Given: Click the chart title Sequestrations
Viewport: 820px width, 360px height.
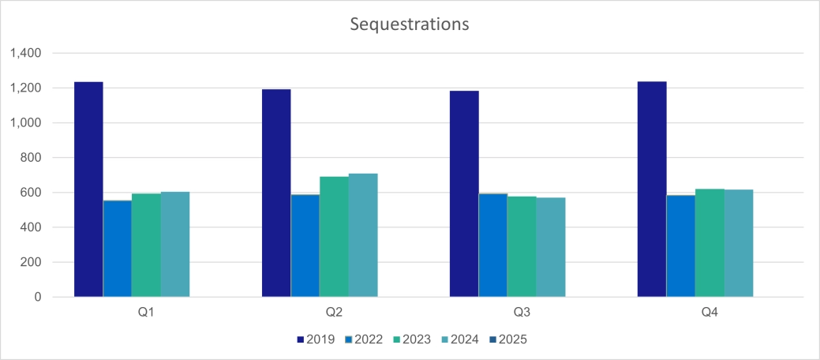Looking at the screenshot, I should pos(410,24).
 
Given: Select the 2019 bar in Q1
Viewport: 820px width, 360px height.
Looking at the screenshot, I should pos(88,189).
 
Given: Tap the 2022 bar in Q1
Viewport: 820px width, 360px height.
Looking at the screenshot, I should pos(118,249).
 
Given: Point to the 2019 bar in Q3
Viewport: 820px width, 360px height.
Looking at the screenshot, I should pos(464,193).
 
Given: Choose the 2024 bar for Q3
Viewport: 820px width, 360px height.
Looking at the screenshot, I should pos(551,247).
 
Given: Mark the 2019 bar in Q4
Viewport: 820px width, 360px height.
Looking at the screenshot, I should pos(652,189).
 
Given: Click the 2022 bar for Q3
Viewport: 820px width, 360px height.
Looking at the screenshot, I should pos(493,245).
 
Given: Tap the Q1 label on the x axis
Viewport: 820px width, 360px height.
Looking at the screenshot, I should pos(146,313).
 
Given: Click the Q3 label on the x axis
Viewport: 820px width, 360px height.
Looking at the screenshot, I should pos(522,313).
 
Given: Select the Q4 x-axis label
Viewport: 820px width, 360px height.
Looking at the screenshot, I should pos(710,313).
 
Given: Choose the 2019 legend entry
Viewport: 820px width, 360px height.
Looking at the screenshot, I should pos(315,340).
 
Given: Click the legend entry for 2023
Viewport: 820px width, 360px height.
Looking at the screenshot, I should pos(411,340).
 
